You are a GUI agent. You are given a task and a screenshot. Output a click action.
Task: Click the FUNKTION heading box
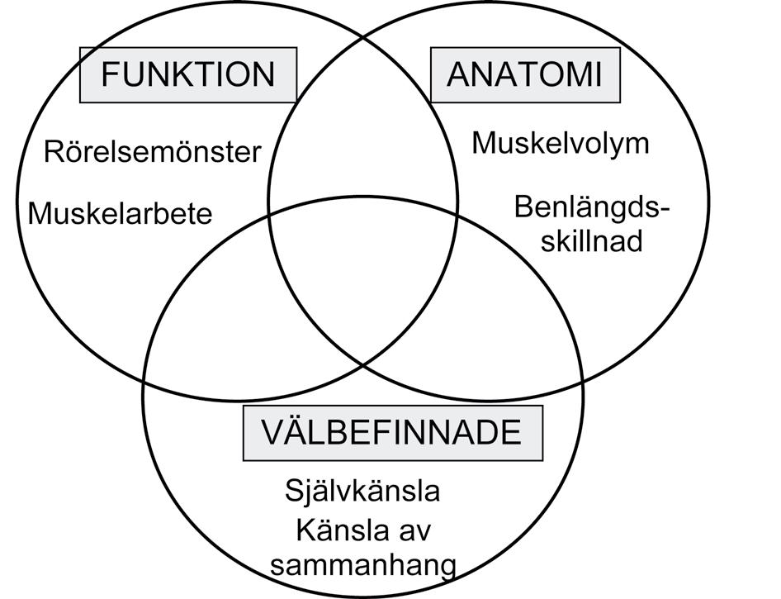click(x=187, y=74)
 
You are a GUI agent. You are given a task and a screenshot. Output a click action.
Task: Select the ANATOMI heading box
click(x=524, y=74)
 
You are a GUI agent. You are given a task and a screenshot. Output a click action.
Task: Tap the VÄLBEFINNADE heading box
click(x=392, y=432)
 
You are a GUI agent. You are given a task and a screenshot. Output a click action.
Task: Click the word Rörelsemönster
click(x=152, y=152)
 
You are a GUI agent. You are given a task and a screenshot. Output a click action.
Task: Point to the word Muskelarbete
click(x=121, y=214)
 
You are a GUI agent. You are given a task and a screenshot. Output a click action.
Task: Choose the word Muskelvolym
click(x=561, y=143)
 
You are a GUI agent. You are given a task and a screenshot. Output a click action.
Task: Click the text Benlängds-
click(x=591, y=207)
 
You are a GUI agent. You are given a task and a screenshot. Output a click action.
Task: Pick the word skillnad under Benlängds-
click(x=594, y=242)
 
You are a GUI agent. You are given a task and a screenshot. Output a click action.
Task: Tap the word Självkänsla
click(x=362, y=492)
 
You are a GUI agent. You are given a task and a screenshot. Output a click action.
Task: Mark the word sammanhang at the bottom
click(x=363, y=566)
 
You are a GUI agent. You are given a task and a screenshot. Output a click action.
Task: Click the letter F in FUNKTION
click(x=109, y=74)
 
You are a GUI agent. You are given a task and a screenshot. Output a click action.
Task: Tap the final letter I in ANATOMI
click(x=597, y=74)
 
